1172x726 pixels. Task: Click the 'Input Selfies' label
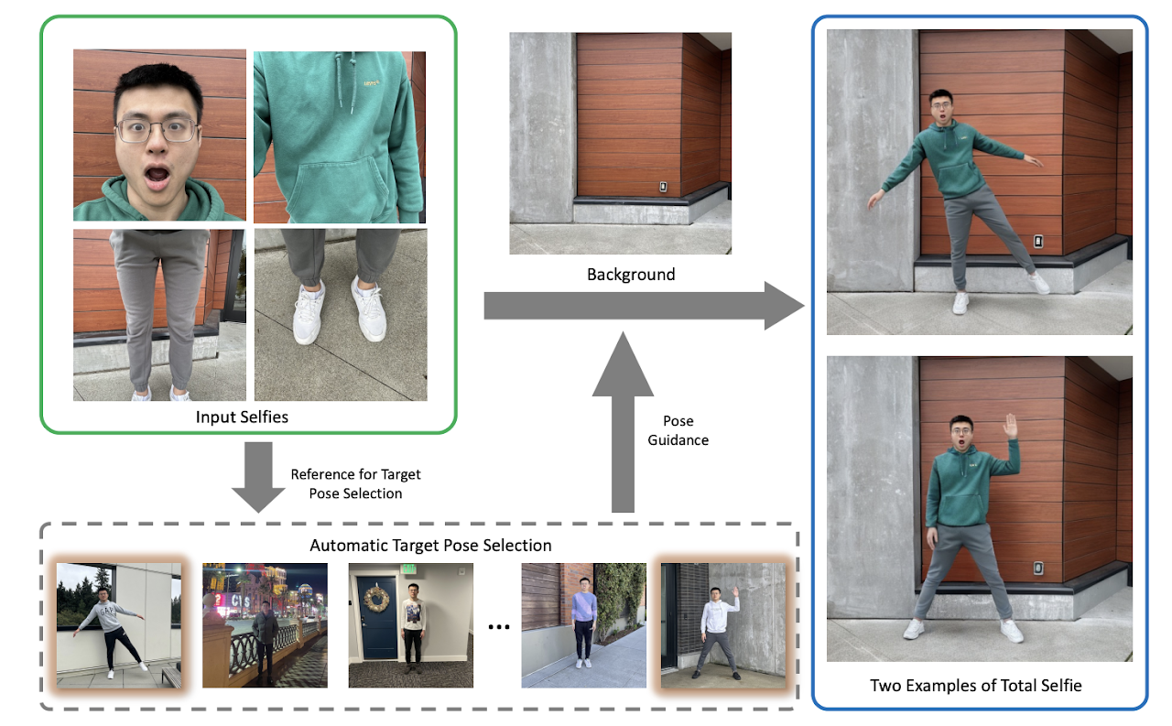[x=242, y=417]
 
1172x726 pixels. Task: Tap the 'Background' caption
[x=631, y=275]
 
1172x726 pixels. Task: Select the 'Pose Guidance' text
[x=678, y=430]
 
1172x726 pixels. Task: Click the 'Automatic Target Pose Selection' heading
[x=430, y=546]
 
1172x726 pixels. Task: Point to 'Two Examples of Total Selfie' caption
[x=976, y=685]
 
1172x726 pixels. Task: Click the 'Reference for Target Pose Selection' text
[x=355, y=483]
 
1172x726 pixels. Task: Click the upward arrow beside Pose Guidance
[x=623, y=421]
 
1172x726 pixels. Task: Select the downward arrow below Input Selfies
[x=258, y=478]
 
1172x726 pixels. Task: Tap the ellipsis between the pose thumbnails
[x=499, y=626]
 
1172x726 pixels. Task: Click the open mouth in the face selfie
[x=157, y=178]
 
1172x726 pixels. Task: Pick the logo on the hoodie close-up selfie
[x=372, y=82]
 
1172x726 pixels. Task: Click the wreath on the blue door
[x=376, y=600]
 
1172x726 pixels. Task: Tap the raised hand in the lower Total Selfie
[x=1010, y=426]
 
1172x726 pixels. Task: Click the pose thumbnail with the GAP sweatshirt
[x=119, y=625]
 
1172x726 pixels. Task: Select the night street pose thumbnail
[x=265, y=625]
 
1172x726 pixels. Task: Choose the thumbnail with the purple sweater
[x=583, y=625]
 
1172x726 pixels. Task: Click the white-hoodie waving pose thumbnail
[x=723, y=625]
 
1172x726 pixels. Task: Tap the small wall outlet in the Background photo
[x=663, y=186]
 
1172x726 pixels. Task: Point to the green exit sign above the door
[x=408, y=568]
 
